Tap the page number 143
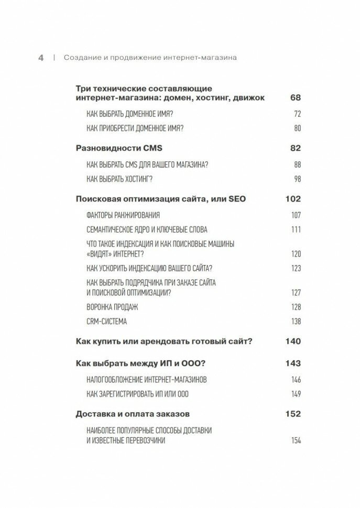coord(293,363)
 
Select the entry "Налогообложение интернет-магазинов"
coord(143,379)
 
